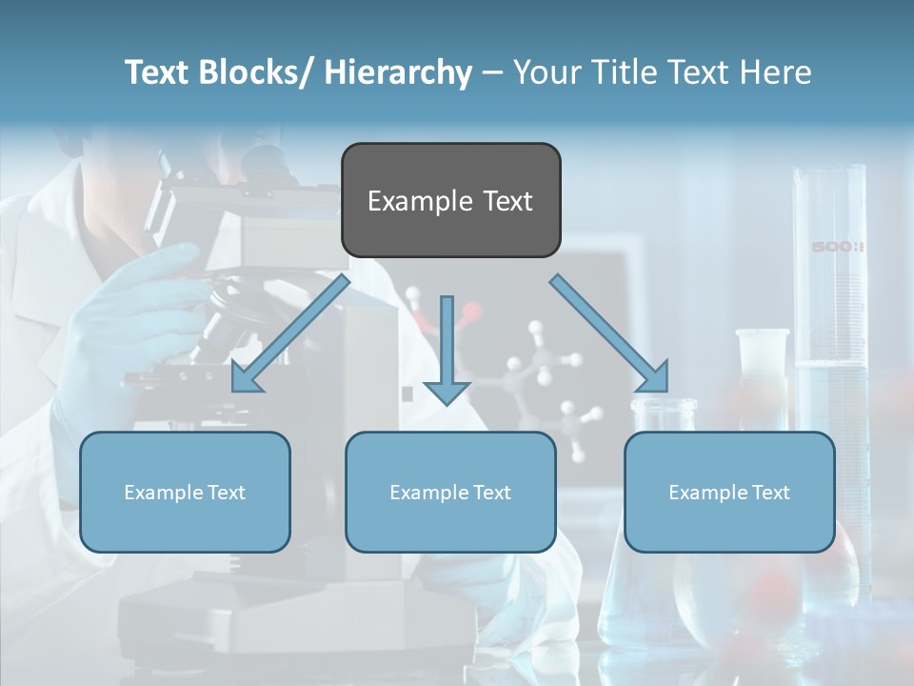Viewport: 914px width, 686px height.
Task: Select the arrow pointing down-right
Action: click(609, 334)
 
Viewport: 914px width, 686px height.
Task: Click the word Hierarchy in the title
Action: click(398, 72)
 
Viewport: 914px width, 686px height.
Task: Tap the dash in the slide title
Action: click(492, 74)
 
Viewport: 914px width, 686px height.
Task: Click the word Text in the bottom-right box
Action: click(771, 493)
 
